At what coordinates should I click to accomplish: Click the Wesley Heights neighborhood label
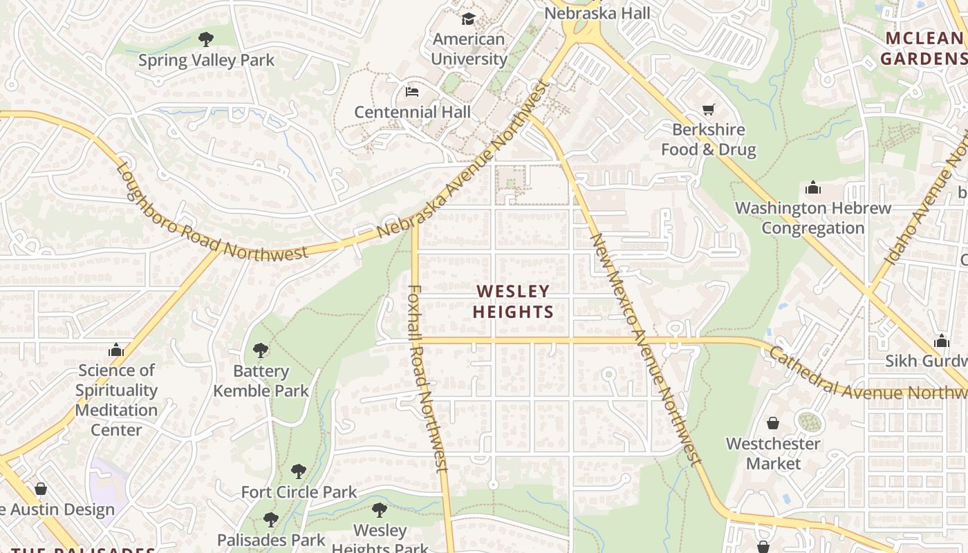513,301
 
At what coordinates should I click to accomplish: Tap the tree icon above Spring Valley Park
205,39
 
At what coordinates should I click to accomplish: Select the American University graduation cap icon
469,19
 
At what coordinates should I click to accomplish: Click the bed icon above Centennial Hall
412,91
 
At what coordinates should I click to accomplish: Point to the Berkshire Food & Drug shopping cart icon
708,109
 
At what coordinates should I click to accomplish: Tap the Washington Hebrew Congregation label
813,218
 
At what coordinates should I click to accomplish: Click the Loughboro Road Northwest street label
211,212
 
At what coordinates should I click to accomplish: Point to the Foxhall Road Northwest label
427,378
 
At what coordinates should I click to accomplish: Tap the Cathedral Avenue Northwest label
868,375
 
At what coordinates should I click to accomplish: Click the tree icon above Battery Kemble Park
261,350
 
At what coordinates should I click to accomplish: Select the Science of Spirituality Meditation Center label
116,400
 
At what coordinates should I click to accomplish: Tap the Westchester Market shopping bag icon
773,423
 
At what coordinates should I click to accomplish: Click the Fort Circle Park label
299,492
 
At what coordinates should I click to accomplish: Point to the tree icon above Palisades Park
271,519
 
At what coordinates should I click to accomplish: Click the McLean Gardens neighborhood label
924,48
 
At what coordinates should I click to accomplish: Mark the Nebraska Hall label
597,13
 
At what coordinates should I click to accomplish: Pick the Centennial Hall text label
412,112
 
